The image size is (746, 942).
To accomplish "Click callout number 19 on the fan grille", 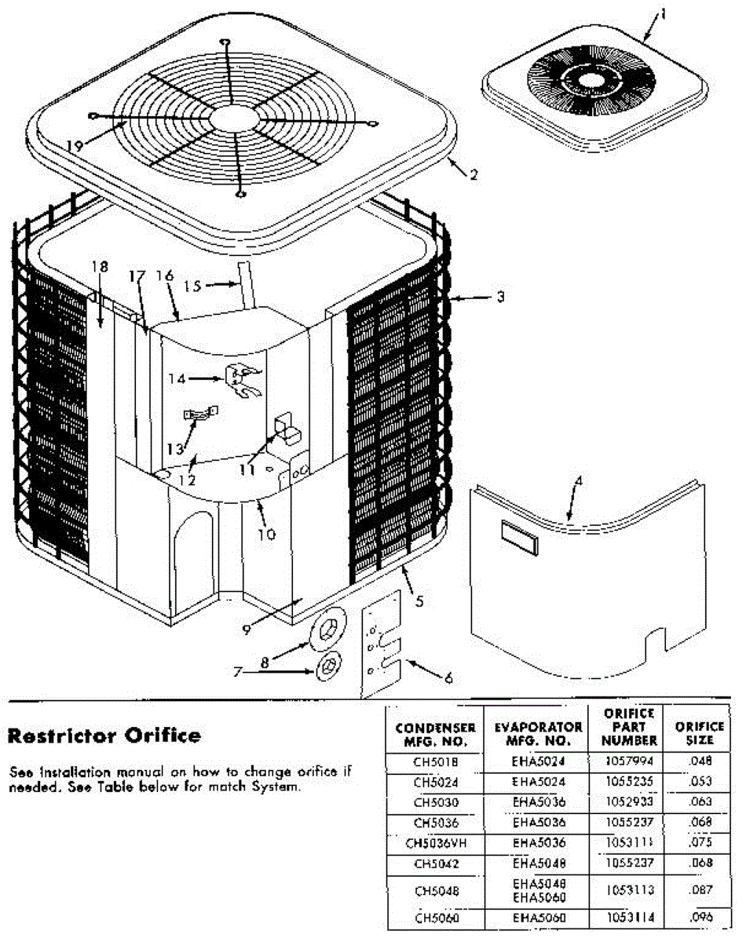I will click(75, 145).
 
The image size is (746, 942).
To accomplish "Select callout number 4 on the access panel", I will click(579, 480).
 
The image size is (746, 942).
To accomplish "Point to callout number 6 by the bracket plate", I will click(448, 677).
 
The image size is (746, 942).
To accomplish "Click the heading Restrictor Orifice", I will click(104, 736).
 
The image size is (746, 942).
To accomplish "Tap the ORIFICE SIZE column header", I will click(699, 733).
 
